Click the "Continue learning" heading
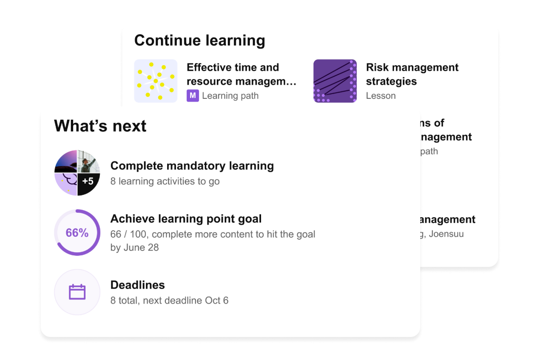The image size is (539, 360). (x=199, y=40)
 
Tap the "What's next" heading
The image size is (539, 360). (x=100, y=126)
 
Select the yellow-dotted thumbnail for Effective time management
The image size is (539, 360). (x=156, y=81)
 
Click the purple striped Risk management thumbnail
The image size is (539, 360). (x=335, y=81)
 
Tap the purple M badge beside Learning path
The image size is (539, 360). (x=192, y=96)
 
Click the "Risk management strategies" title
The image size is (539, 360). (x=412, y=74)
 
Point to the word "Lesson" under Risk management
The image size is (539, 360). (x=381, y=96)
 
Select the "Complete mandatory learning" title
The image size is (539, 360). (x=192, y=166)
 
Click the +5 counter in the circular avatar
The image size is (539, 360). (x=88, y=181)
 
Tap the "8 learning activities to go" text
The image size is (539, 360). (x=165, y=181)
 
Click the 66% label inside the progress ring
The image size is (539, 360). (x=77, y=233)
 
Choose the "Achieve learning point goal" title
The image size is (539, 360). (x=186, y=219)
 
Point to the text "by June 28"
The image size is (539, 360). (x=134, y=247)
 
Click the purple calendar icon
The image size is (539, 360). (x=77, y=292)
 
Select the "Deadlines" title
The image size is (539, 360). (x=137, y=285)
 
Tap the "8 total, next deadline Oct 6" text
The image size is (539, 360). (x=169, y=301)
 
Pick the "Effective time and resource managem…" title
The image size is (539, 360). (x=241, y=74)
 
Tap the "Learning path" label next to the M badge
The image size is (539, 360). (x=230, y=96)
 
